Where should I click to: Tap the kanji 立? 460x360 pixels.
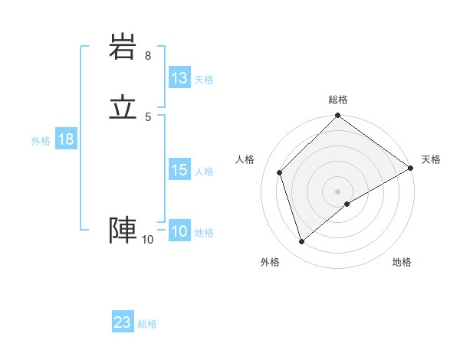[x=123, y=107]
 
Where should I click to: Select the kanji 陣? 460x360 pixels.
[x=123, y=231]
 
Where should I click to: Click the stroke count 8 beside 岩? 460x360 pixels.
[x=148, y=56]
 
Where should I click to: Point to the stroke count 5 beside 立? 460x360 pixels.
[x=148, y=116]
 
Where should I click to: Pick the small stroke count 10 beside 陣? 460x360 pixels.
[x=147, y=240]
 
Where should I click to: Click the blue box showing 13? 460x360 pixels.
[x=179, y=78]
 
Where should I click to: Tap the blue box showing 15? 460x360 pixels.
[x=179, y=170]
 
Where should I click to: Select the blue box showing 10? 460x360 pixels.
[x=179, y=231]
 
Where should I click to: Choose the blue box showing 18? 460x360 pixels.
[x=65, y=139]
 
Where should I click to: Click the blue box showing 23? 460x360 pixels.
[x=123, y=322]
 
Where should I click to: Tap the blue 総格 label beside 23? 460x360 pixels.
[x=147, y=324]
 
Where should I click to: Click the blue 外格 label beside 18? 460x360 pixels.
[x=41, y=141]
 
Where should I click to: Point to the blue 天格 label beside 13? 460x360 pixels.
[x=204, y=80]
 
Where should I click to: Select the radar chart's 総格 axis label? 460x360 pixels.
[x=338, y=100]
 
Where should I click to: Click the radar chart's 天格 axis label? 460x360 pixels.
[x=431, y=159]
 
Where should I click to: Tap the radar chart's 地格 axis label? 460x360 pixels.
[x=402, y=263]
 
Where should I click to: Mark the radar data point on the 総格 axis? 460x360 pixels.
[x=338, y=116]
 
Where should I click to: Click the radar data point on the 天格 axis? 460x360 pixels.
[x=411, y=168]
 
